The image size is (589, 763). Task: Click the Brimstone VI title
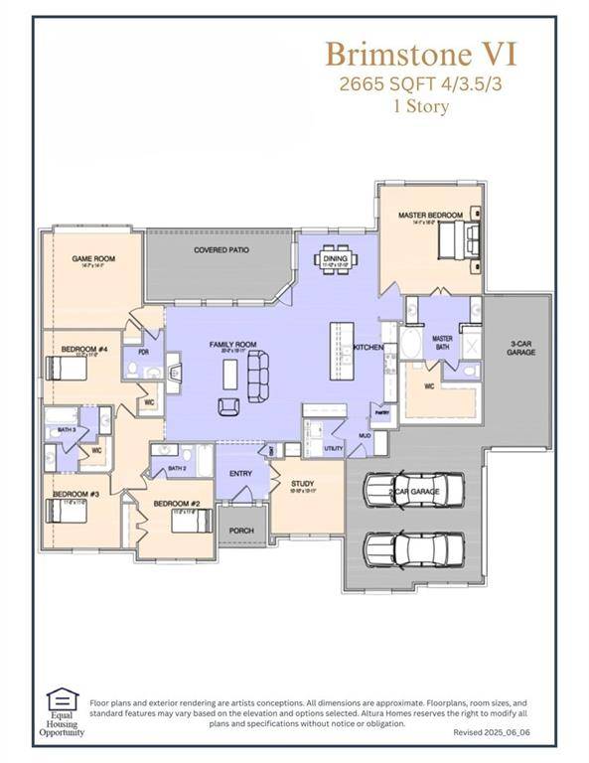point(421,52)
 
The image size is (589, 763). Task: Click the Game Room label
point(93,258)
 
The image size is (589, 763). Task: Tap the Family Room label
point(232,345)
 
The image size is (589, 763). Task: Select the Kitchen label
point(368,347)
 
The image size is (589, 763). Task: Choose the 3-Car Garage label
point(520,348)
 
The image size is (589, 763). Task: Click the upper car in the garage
point(413,488)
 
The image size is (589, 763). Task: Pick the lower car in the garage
point(413,547)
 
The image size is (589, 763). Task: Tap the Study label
point(302,483)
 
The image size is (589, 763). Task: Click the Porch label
point(241,531)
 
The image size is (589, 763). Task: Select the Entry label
point(241,474)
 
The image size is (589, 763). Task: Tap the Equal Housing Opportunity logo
point(63,712)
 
